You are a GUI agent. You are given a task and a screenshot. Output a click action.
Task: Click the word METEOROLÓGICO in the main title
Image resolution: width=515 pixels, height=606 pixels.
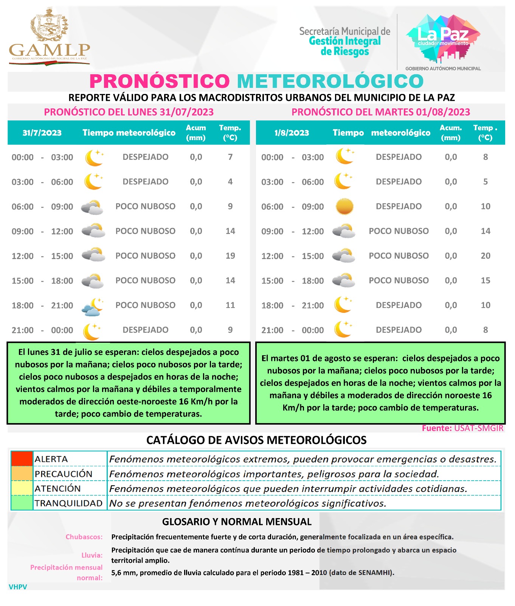click(x=330, y=81)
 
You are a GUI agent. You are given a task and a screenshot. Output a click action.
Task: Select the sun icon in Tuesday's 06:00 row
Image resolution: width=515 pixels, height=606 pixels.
click(x=344, y=207)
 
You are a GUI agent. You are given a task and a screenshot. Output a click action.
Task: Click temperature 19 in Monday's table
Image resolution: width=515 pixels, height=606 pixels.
click(x=230, y=256)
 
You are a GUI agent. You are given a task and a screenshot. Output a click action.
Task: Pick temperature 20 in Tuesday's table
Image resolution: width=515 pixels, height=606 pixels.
click(x=486, y=256)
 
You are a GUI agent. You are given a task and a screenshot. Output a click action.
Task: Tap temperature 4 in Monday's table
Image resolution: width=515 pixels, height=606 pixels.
click(x=230, y=182)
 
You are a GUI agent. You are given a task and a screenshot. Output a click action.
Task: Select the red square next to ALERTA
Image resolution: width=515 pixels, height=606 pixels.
click(x=22, y=459)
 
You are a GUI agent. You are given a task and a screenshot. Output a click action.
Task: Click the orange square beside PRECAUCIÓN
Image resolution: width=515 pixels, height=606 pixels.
click(x=22, y=473)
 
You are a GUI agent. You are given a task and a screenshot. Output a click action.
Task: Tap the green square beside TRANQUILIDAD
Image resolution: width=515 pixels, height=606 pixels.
click(x=22, y=503)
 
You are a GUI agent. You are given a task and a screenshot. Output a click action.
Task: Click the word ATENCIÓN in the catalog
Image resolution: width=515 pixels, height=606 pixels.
click(x=57, y=489)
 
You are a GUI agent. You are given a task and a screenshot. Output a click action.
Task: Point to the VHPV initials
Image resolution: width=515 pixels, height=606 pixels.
click(x=18, y=587)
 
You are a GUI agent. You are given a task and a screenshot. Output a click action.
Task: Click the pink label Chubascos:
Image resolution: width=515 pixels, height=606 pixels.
click(x=84, y=537)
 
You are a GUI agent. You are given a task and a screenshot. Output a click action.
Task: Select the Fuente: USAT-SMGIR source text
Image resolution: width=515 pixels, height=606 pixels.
click(x=462, y=428)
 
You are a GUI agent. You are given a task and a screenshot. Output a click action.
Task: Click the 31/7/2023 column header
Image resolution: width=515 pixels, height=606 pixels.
click(x=42, y=133)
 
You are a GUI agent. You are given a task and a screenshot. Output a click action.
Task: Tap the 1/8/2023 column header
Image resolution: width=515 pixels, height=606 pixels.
click(x=292, y=133)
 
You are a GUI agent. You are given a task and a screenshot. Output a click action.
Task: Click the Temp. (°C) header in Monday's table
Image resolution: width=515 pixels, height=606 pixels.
click(x=230, y=133)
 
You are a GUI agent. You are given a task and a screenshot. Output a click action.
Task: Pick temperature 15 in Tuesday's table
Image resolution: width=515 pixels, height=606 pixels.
click(x=486, y=281)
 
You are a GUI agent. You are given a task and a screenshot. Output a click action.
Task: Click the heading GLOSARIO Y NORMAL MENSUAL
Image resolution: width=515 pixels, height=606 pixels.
click(x=237, y=522)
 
